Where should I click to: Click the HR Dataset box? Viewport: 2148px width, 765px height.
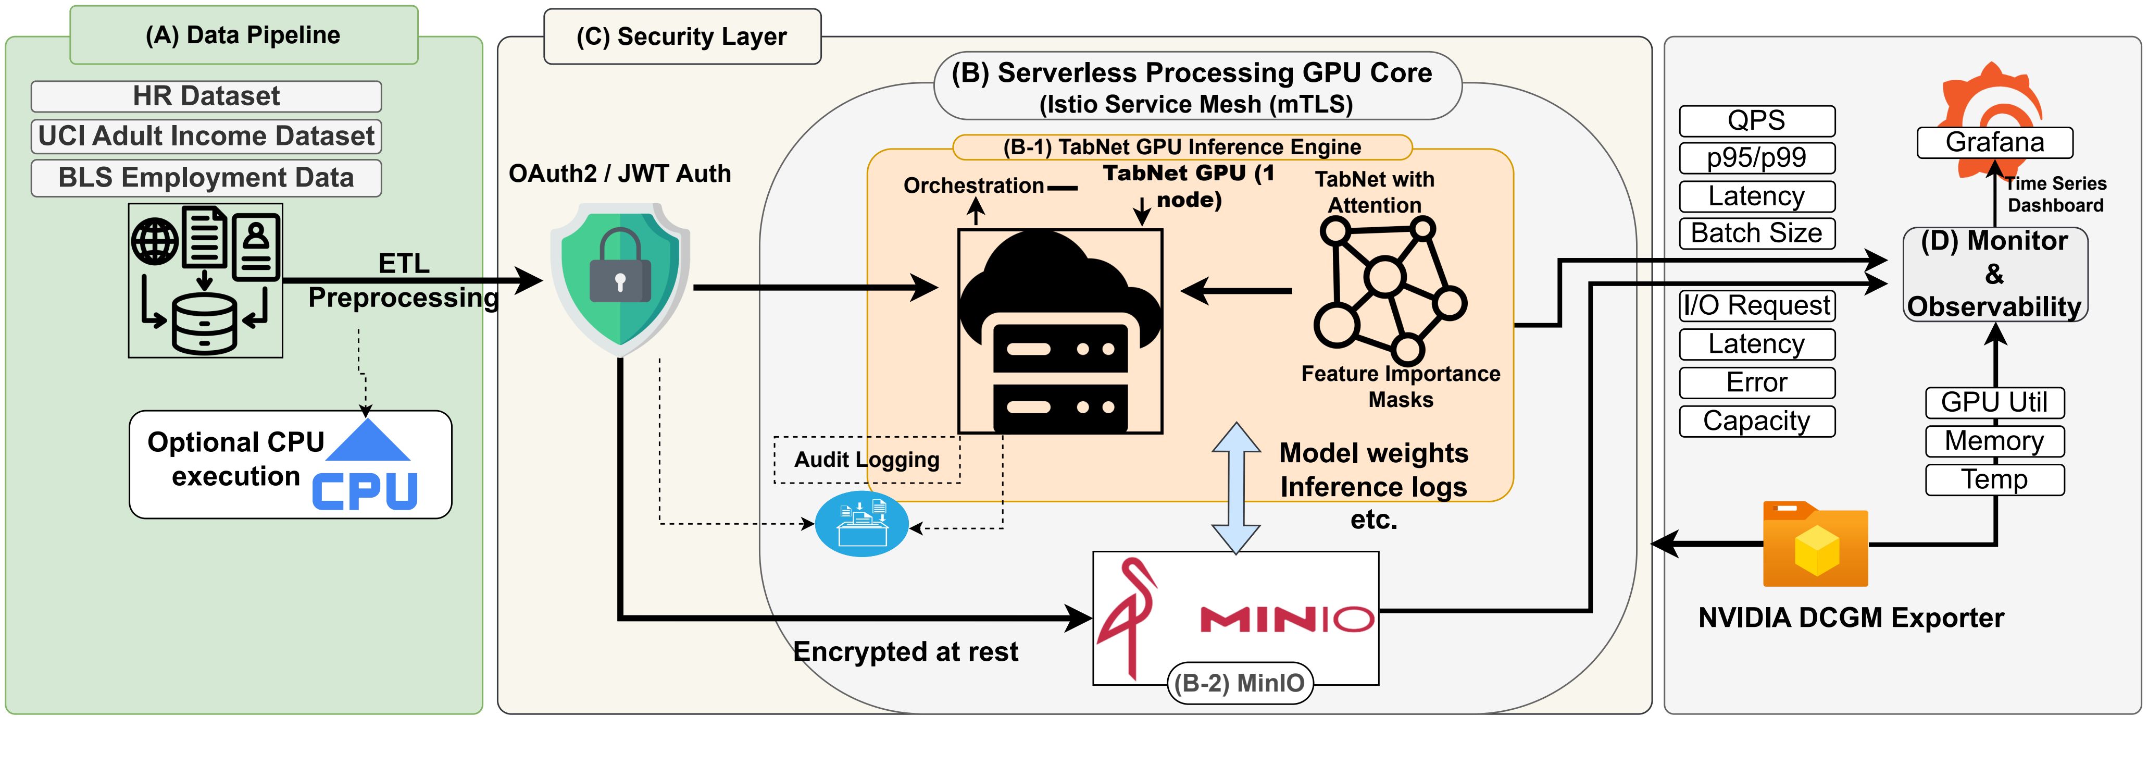tap(206, 96)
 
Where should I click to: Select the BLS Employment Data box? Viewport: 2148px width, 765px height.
tap(206, 178)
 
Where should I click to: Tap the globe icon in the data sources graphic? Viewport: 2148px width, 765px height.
tap(155, 242)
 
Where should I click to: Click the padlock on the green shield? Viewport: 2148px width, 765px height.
tap(619, 267)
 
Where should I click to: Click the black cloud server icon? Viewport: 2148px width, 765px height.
tap(1060, 331)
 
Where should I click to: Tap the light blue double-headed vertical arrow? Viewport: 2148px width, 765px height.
tap(1236, 488)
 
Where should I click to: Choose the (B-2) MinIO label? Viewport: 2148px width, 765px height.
tap(1239, 683)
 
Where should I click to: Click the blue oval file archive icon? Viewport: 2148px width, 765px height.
tap(861, 524)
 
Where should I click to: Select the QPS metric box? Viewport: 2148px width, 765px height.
tap(1756, 121)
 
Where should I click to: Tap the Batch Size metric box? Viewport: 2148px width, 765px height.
tap(1756, 233)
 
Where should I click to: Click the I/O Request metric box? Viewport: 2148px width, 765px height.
tap(1756, 305)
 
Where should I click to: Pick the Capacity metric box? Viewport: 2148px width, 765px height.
tap(1756, 421)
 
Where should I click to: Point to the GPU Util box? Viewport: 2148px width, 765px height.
tap(1994, 402)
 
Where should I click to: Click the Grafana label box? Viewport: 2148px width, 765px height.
tap(1994, 143)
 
